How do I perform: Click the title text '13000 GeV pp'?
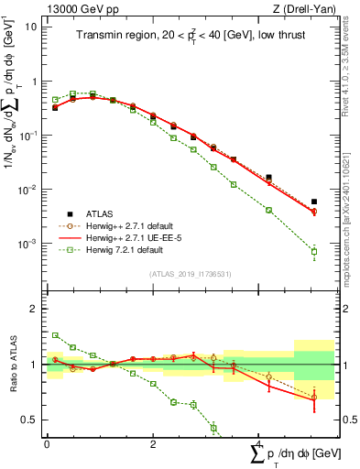pos(68,9)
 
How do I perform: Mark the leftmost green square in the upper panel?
pos(55,100)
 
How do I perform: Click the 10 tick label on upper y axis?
pos(30,27)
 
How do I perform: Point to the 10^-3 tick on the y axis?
pos(27,244)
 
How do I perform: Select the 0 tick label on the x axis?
pos(47,445)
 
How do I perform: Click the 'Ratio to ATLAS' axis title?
pos(12,365)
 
